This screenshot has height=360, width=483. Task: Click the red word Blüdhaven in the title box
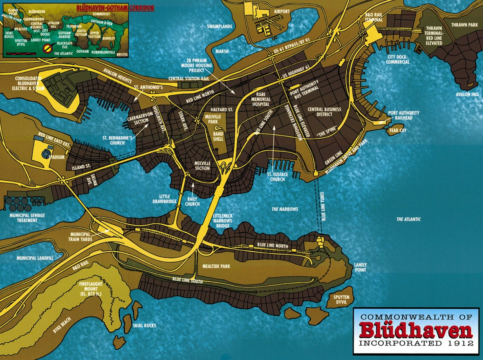(x=416, y=331)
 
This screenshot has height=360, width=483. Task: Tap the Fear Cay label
(x=397, y=130)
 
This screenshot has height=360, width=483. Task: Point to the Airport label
(x=281, y=12)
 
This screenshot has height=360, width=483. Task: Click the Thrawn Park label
(x=464, y=25)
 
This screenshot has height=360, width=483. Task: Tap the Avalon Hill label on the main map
(x=467, y=95)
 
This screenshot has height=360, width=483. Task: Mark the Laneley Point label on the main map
(x=360, y=267)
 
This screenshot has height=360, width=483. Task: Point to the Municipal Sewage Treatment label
(x=27, y=218)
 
